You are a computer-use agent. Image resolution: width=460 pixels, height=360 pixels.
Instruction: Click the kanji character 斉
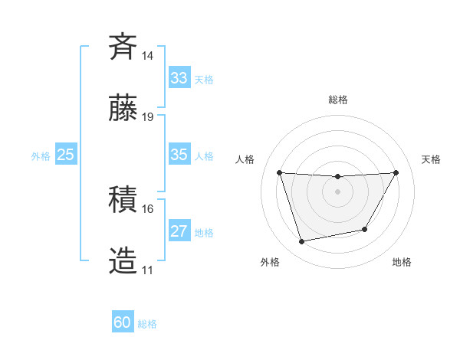[x=123, y=47]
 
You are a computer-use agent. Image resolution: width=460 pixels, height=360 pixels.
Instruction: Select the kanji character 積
[x=123, y=200]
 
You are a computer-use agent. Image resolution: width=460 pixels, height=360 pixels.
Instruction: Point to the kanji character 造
[x=123, y=260]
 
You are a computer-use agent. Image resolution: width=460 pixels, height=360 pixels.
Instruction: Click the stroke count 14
[x=148, y=56]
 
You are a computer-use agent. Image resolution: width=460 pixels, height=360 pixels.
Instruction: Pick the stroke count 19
[x=148, y=116]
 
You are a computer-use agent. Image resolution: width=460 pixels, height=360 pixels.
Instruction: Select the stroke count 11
[x=148, y=270]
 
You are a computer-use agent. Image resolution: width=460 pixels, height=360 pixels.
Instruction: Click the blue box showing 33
[x=179, y=78]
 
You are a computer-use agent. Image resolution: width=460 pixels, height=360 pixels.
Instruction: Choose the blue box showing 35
[x=179, y=155]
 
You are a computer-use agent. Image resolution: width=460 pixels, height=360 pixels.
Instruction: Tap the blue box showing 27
[x=179, y=231]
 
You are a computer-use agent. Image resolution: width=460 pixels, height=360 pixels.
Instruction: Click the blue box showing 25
[x=66, y=155]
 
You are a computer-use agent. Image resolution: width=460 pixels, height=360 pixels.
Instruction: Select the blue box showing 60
[x=123, y=323]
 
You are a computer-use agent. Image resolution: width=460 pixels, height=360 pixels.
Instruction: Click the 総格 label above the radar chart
[x=338, y=100]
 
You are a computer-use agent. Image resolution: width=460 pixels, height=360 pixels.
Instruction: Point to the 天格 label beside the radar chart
[x=431, y=159]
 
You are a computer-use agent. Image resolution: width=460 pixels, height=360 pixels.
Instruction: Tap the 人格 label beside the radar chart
[x=245, y=159]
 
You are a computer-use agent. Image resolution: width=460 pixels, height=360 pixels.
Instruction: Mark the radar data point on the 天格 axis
[x=396, y=172]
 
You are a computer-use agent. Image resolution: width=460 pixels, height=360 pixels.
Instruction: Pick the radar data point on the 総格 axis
[x=338, y=177]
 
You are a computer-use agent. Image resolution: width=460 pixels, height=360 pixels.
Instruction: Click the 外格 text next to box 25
[x=41, y=155]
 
